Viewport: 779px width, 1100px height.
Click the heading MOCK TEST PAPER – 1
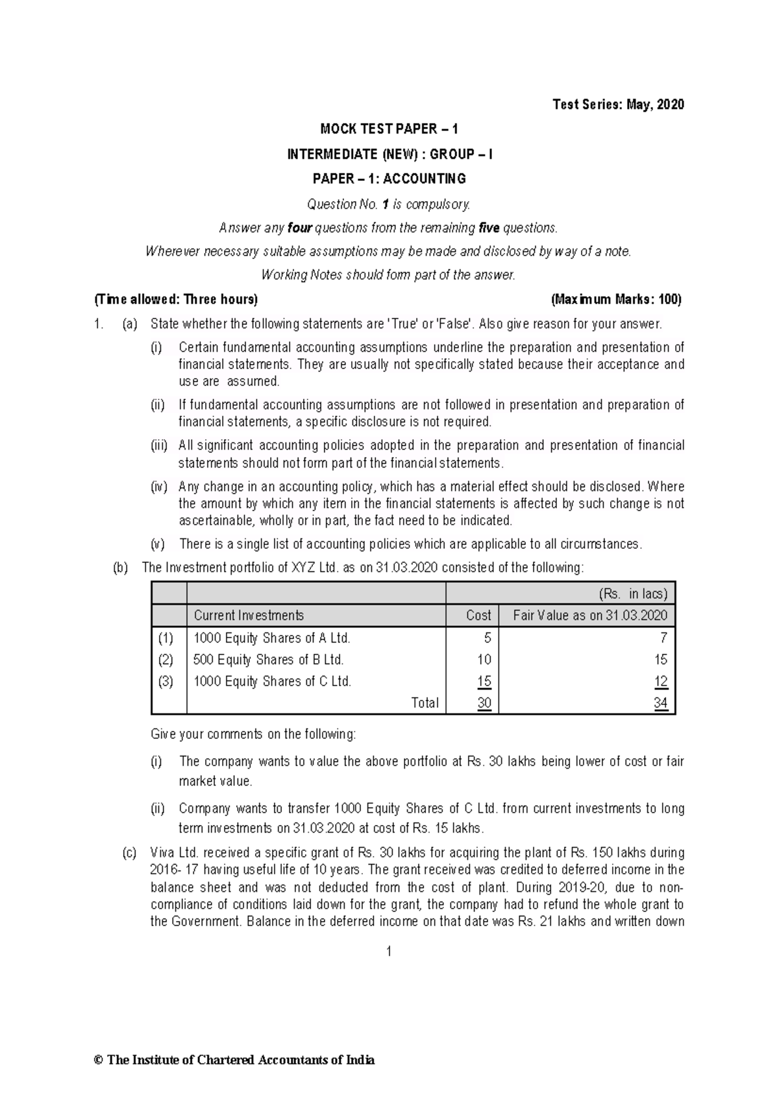389,129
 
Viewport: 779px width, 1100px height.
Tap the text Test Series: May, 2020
617,104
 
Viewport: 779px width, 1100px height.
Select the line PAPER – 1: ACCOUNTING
389,178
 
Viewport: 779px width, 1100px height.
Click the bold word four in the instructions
300,228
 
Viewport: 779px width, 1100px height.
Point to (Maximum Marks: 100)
615,299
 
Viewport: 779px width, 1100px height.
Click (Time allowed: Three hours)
176,299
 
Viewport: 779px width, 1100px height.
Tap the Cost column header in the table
478,616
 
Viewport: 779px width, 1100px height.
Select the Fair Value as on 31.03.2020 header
589,616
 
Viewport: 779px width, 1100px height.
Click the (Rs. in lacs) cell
632,593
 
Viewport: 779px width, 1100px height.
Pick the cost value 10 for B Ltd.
484,660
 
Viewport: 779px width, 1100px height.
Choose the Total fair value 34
660,703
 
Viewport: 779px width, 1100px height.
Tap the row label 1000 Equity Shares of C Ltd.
272,682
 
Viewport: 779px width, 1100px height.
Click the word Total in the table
425,703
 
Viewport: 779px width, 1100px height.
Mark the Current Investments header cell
249,616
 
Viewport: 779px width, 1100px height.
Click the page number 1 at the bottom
389,951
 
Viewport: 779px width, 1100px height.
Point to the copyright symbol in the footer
99,1060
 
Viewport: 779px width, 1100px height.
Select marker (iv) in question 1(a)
159,486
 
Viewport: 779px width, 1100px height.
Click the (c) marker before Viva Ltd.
129,852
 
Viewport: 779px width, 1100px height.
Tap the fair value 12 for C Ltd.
660,682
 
